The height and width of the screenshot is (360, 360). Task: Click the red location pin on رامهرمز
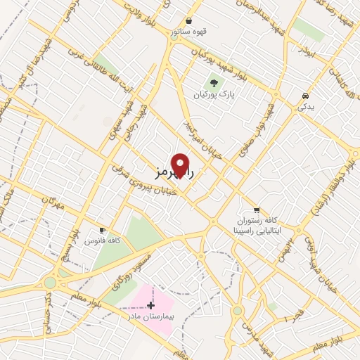[x=180, y=165]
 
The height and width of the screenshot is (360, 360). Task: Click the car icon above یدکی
[x=304, y=96]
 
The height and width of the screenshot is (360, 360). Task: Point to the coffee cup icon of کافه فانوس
[x=103, y=230]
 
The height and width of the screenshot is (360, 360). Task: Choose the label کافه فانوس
[x=103, y=240]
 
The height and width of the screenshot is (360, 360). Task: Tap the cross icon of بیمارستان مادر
[x=150, y=304]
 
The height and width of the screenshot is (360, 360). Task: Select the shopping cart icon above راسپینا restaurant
[x=257, y=210]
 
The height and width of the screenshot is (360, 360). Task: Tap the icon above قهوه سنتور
[x=188, y=21]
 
